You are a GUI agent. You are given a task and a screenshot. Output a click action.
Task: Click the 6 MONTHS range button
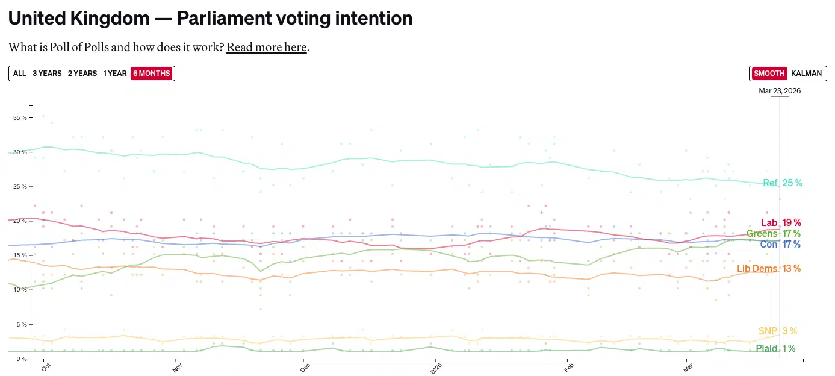pyautogui.click(x=152, y=74)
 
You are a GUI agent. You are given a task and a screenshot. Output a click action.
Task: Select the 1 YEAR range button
pyautogui.click(x=114, y=74)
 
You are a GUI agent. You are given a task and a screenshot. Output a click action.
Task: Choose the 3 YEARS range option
pyautogui.click(x=47, y=74)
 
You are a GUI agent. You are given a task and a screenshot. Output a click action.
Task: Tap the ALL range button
pyautogui.click(x=20, y=74)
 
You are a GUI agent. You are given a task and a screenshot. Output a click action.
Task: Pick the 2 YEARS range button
pyautogui.click(x=82, y=74)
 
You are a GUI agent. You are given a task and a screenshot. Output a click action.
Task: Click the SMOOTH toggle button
pyautogui.click(x=769, y=74)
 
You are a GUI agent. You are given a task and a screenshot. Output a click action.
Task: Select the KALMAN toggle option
pyautogui.click(x=806, y=74)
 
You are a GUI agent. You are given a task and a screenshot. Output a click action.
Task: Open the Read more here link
pyautogui.click(x=267, y=47)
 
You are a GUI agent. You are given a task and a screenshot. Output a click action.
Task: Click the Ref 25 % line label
pyautogui.click(x=782, y=183)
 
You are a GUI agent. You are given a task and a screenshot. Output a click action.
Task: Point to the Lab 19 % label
pyautogui.click(x=781, y=223)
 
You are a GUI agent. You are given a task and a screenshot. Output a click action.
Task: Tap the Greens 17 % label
pyautogui.click(x=773, y=234)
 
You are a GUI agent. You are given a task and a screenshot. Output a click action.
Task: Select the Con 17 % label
pyautogui.click(x=780, y=245)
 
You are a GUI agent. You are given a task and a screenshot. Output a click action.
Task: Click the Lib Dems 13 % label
pyautogui.click(x=768, y=269)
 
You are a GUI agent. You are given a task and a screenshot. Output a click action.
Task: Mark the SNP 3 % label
pyautogui.click(x=777, y=331)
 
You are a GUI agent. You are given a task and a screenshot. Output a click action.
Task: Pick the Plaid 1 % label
pyautogui.click(x=775, y=349)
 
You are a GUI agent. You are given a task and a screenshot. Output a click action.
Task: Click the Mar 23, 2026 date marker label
pyautogui.click(x=780, y=91)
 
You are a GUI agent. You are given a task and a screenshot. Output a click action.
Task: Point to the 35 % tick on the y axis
pyautogui.click(x=20, y=118)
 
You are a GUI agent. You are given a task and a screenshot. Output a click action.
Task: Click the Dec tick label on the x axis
pyautogui.click(x=305, y=367)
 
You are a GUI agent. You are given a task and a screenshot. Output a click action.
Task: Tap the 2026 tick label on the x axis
pyautogui.click(x=435, y=368)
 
